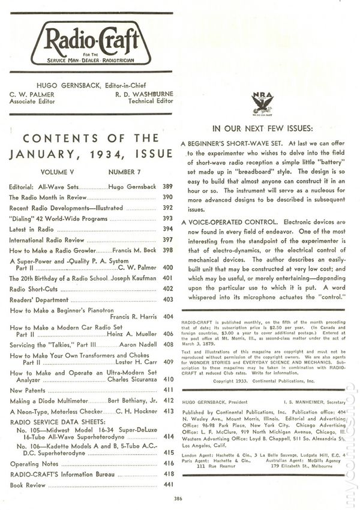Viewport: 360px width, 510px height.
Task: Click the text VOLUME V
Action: coord(59,172)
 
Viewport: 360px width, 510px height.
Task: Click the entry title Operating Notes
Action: coord(34,463)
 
